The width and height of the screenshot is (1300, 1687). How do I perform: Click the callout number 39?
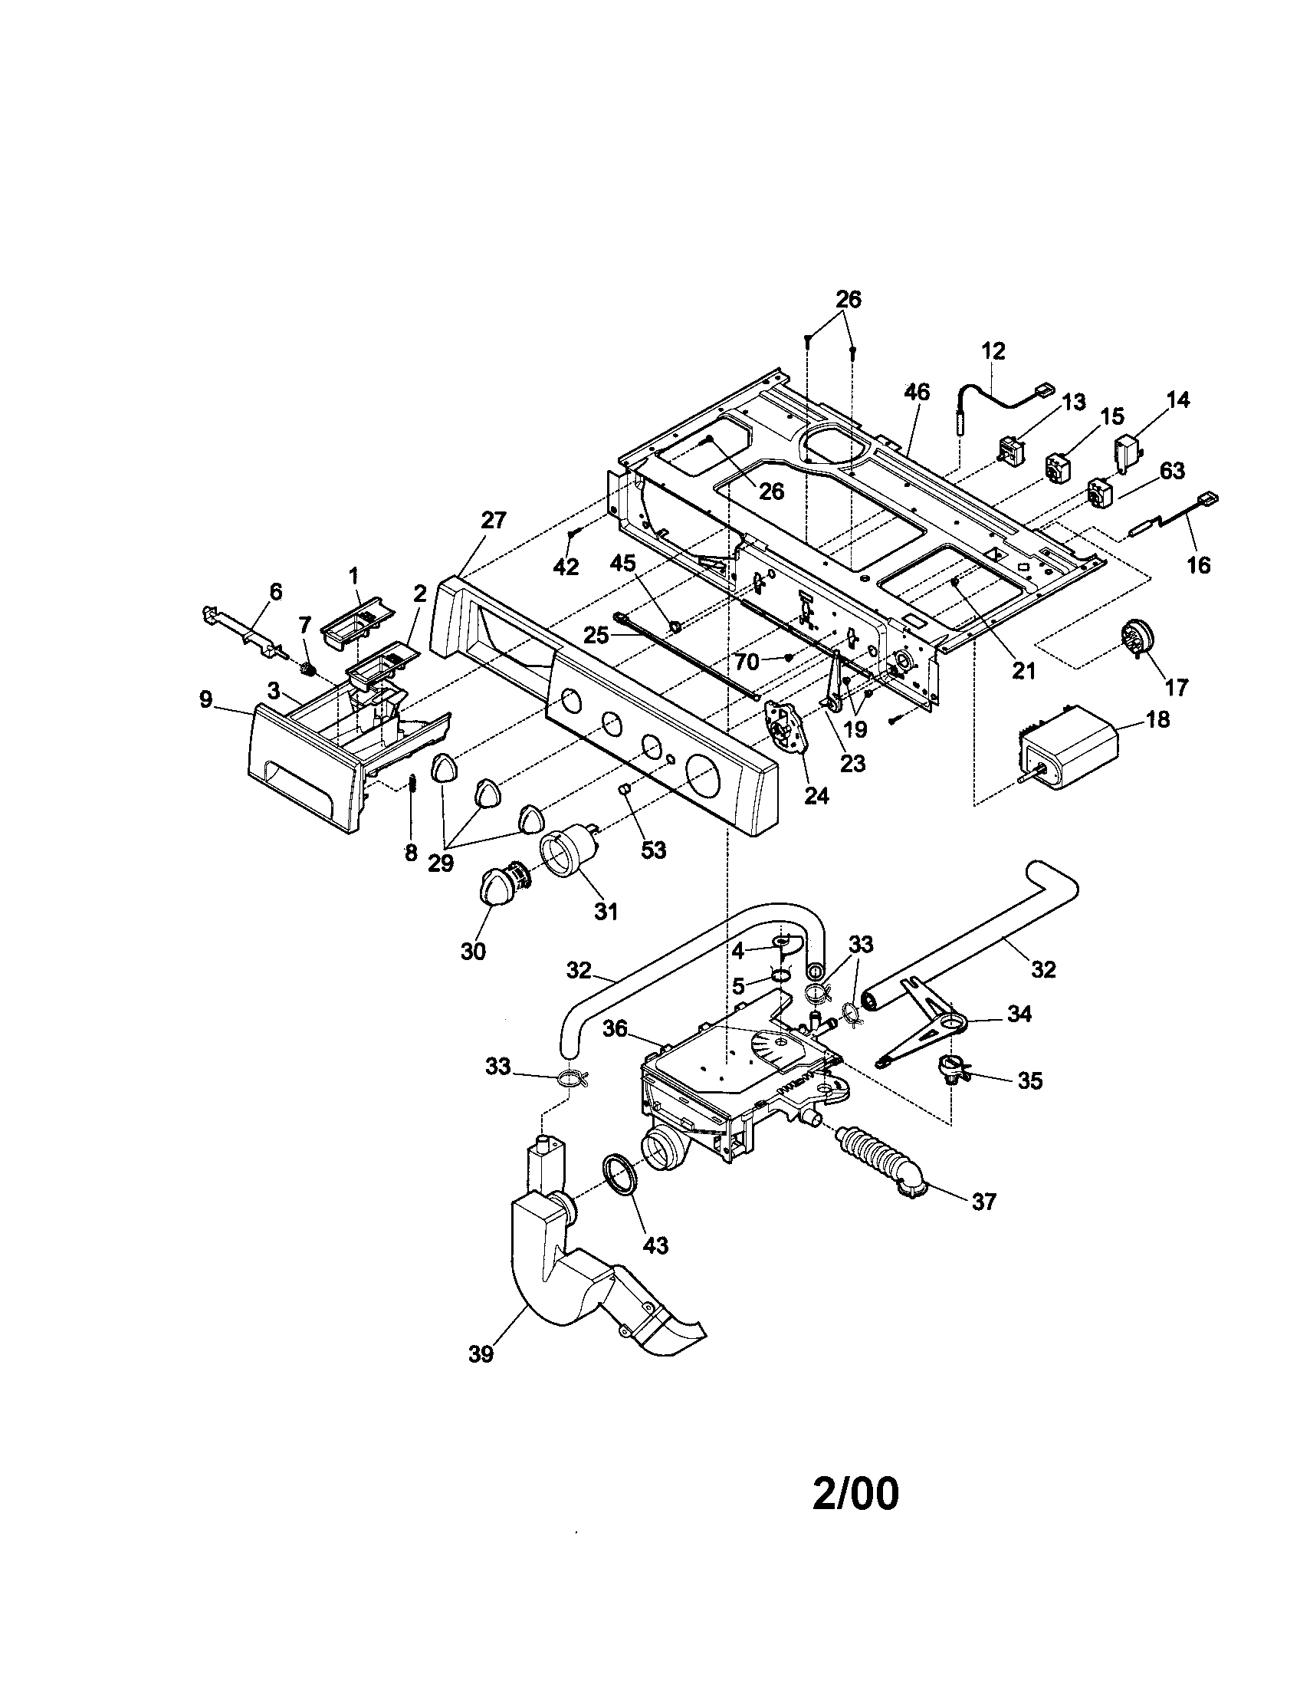480,1376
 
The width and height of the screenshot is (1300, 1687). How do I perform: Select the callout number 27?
494,521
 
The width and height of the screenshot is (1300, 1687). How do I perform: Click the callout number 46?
917,392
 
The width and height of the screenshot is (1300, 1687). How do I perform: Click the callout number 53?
653,850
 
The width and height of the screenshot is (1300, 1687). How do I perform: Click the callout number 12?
994,351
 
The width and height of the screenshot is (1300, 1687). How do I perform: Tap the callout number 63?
1172,470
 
